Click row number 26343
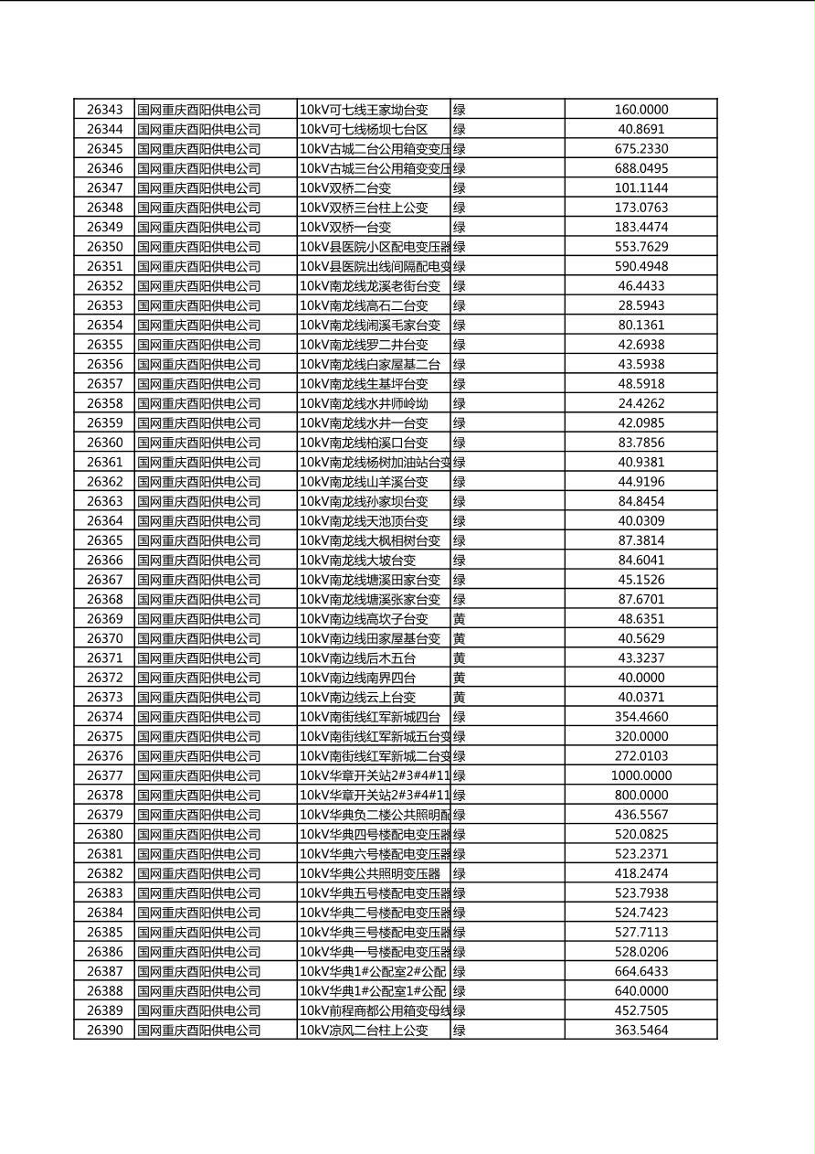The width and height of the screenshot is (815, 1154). (104, 110)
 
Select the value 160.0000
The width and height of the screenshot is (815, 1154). (640, 110)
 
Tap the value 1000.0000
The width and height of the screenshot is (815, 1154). (640, 775)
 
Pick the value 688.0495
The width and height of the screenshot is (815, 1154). (640, 168)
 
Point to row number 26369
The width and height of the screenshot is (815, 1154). (104, 619)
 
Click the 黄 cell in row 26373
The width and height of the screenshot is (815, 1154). (460, 698)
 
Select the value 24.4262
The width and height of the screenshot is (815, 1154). (640, 403)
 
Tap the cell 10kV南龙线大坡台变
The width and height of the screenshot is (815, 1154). (357, 561)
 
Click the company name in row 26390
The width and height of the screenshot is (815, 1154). (199, 1031)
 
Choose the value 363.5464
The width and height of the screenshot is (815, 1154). (640, 1031)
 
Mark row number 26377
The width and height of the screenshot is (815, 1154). (104, 775)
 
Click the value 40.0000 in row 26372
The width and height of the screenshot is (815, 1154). (640, 678)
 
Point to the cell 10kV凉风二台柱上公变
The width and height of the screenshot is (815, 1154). (364, 1031)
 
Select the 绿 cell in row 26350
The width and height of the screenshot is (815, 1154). (460, 247)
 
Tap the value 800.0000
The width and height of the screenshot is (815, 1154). (640, 796)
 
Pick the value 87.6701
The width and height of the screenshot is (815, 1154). (640, 600)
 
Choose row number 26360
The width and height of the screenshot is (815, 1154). (104, 443)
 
